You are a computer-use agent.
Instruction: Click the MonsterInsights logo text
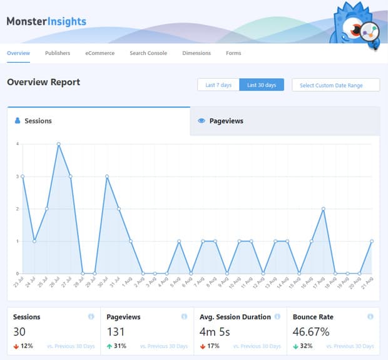click(x=46, y=21)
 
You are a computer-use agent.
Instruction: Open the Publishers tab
click(x=58, y=53)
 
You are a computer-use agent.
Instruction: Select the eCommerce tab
click(x=100, y=53)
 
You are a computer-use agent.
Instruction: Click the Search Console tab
click(x=148, y=53)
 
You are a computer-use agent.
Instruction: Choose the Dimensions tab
click(x=197, y=53)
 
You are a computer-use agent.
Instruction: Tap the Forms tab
click(x=233, y=53)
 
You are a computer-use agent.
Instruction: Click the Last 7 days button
click(x=218, y=85)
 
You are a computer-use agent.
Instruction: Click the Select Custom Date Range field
click(x=335, y=85)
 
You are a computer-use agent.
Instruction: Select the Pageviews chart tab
click(x=226, y=121)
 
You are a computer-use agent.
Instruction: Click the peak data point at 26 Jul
click(x=58, y=144)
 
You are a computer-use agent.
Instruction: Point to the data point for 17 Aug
click(x=324, y=209)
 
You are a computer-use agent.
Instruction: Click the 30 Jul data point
click(x=107, y=177)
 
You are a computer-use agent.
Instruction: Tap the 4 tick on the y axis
click(x=17, y=144)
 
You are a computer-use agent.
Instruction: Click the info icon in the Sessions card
click(x=91, y=317)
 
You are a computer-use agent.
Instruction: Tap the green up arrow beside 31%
click(x=110, y=346)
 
